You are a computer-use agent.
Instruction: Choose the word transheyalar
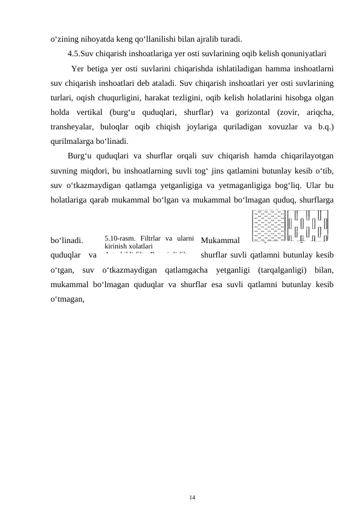(x=74, y=128)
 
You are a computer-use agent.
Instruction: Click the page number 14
(x=191, y=496)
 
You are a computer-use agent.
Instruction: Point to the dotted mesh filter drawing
(x=268, y=229)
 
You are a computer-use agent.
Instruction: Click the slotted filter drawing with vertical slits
(x=309, y=229)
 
